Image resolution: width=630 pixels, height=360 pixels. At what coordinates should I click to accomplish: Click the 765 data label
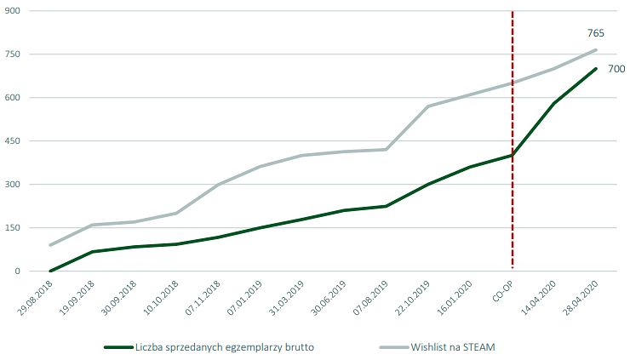[596, 33]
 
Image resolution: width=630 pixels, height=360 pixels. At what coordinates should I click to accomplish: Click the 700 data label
[616, 69]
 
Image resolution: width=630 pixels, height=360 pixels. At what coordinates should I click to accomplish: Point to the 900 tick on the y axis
[13, 11]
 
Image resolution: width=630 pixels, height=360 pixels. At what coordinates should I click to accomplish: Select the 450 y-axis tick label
[13, 141]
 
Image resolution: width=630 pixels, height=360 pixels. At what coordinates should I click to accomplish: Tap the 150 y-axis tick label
[13, 228]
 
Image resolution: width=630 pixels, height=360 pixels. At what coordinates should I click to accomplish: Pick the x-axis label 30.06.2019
[329, 299]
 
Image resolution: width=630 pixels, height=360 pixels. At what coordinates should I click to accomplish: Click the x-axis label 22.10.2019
[412, 299]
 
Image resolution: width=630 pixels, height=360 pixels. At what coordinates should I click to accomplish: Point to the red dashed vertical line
[513, 213]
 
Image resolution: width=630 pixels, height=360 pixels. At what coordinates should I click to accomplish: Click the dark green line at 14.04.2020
[554, 103]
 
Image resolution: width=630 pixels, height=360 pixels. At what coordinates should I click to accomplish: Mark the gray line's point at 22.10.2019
[428, 106]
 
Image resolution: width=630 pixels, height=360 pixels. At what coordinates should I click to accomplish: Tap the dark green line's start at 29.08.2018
[51, 271]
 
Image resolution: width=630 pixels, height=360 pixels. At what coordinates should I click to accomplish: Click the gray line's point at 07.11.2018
[219, 185]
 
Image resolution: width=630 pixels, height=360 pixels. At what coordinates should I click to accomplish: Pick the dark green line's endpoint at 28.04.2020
[596, 69]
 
